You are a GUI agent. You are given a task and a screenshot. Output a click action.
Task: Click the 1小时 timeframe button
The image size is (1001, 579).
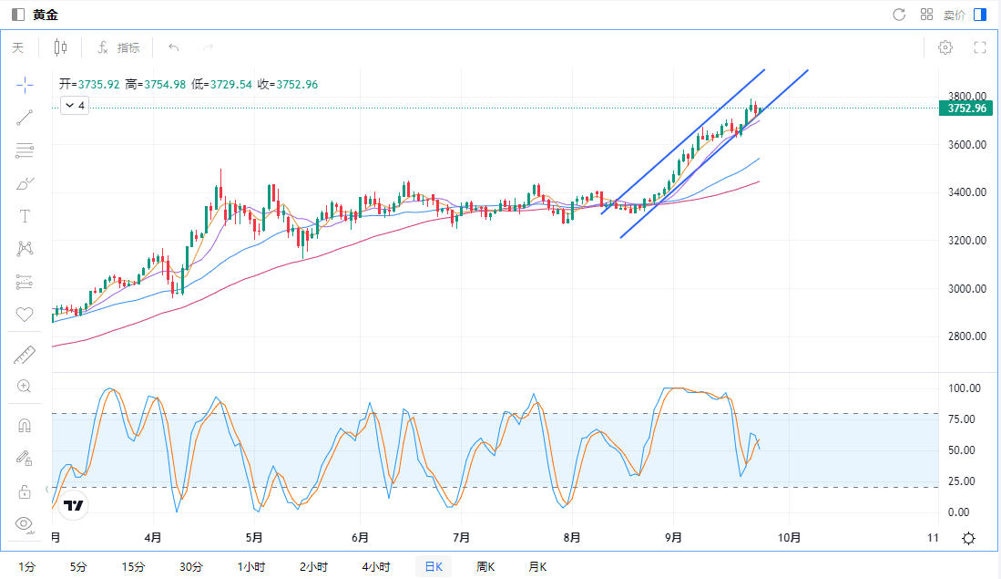251,566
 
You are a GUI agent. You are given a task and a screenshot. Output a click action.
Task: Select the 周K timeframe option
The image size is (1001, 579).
485,566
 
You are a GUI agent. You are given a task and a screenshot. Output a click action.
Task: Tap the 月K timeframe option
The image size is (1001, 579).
537,566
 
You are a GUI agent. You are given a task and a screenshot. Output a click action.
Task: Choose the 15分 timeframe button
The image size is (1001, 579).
133,566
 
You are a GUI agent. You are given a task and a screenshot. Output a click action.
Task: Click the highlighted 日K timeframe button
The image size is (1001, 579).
434,566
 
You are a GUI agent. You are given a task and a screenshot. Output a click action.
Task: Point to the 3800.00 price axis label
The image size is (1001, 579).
966,96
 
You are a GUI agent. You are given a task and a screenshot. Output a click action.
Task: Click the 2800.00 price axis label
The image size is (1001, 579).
966,336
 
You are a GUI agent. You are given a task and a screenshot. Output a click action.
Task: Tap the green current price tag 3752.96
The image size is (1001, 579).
966,109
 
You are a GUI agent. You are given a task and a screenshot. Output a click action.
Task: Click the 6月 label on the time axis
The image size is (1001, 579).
360,538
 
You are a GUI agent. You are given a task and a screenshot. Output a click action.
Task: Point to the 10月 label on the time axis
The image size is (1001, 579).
790,538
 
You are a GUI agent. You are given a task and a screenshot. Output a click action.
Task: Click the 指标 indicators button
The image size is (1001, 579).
118,47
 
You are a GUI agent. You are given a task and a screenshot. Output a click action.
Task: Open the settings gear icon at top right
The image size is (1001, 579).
945,47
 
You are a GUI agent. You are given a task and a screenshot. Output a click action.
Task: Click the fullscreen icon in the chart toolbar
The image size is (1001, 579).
980,47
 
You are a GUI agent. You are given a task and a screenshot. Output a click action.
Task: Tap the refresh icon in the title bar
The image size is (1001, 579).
899,15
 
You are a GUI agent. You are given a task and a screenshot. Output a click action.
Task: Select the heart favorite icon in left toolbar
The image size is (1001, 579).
25,315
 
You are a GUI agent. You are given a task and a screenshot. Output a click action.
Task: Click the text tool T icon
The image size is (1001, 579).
25,216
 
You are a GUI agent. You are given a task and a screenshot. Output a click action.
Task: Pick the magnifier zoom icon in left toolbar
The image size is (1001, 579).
25,386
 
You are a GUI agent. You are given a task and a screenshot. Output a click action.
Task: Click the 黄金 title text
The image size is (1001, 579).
45,15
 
